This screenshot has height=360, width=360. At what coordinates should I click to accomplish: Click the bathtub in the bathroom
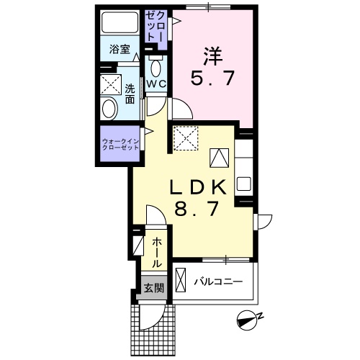pyautogui.click(x=120, y=22)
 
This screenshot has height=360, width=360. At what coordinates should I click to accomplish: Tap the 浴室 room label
pyautogui.click(x=120, y=49)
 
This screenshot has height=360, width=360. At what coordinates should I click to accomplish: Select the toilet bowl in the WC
pyautogui.click(x=156, y=68)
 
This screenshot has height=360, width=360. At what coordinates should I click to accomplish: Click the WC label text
pyautogui.click(x=156, y=84)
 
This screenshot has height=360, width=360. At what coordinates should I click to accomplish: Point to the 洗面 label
pyautogui.click(x=130, y=94)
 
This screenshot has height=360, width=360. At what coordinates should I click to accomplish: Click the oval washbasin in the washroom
pyautogui.click(x=109, y=108)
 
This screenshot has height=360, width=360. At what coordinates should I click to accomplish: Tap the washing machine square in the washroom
pyautogui.click(x=111, y=84)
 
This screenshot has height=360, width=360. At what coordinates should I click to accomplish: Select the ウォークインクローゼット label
pyautogui.click(x=121, y=144)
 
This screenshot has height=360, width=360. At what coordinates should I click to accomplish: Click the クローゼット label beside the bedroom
pyautogui.click(x=156, y=27)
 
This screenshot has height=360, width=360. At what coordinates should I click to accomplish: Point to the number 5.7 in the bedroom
pyautogui.click(x=212, y=78)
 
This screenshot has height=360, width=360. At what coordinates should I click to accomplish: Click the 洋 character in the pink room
pyautogui.click(x=212, y=56)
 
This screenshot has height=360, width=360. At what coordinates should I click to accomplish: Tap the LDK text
pyautogui.click(x=198, y=186)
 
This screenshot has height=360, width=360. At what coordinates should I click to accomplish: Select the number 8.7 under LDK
pyautogui.click(x=197, y=209)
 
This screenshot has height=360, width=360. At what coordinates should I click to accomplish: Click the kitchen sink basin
pyautogui.click(x=244, y=184)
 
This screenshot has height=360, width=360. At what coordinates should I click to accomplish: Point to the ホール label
pyautogui.click(x=156, y=252)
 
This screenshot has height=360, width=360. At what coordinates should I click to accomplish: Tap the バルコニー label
pyautogui.click(x=218, y=282)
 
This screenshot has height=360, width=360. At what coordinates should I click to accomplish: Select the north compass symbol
pyautogui.click(x=250, y=320)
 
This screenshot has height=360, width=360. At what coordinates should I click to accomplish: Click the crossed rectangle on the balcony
pyautogui.click(x=181, y=280)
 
